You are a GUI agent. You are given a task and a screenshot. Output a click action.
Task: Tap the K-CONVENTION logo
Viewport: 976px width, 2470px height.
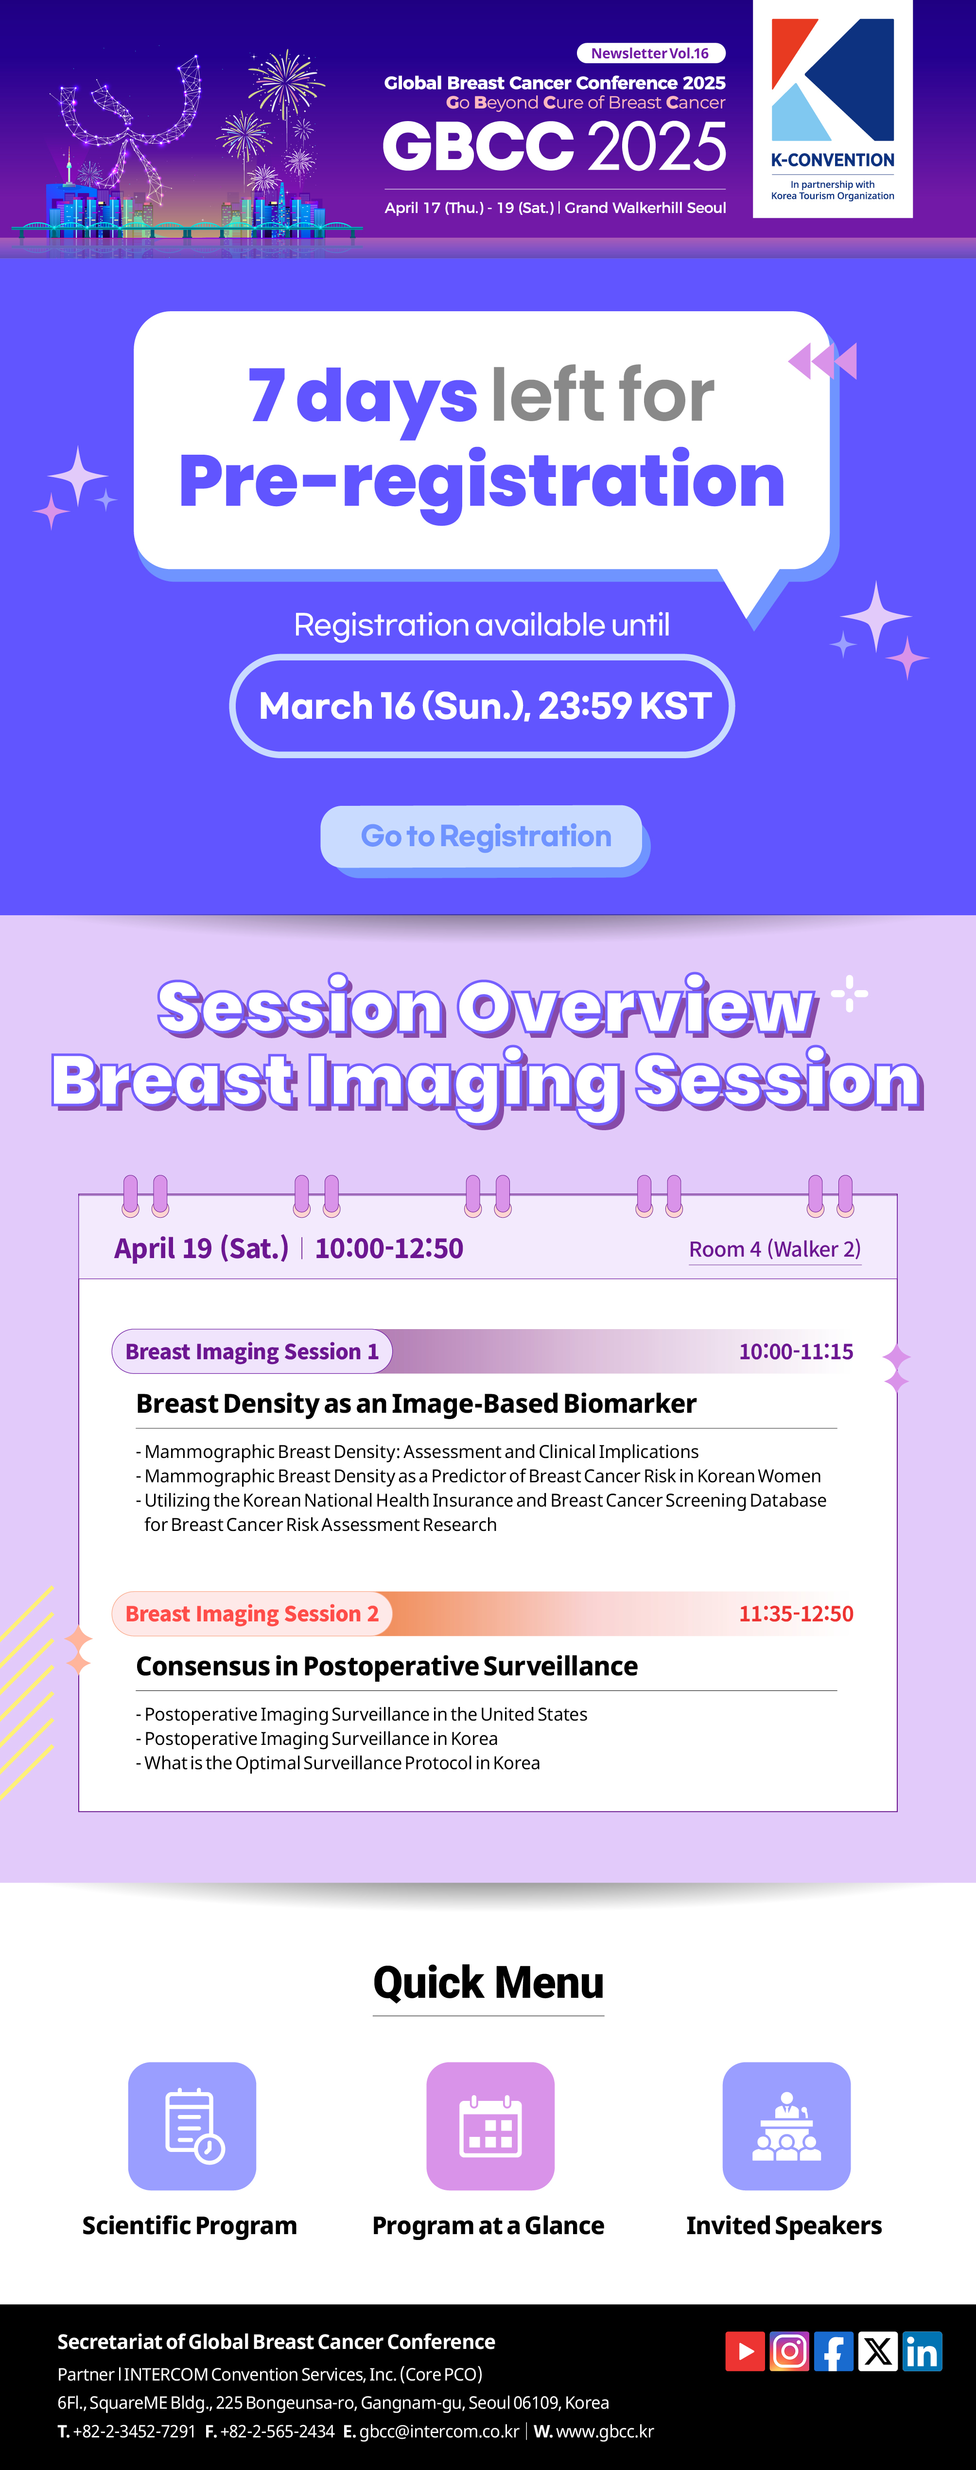click(x=832, y=108)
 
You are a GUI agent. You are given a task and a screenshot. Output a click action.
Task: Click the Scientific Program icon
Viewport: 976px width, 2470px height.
click(x=192, y=2126)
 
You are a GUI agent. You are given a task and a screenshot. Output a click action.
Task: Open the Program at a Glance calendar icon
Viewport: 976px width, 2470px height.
click(x=490, y=2126)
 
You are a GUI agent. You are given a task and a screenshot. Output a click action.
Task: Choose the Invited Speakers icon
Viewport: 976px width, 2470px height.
click(x=786, y=2126)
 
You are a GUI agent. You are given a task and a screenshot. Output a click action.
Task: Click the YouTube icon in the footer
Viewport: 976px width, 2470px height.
click(x=745, y=2351)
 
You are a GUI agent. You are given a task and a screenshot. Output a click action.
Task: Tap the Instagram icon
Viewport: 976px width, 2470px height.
click(x=789, y=2351)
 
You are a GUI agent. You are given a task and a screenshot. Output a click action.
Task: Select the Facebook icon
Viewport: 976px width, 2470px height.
click(x=833, y=2351)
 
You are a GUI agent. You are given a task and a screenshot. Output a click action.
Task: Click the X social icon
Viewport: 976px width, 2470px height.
click(x=877, y=2351)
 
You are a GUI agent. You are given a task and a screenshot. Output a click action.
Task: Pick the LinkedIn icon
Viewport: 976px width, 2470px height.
click(x=923, y=2351)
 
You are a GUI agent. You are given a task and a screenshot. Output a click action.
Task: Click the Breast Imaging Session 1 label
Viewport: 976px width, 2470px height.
click(x=252, y=1351)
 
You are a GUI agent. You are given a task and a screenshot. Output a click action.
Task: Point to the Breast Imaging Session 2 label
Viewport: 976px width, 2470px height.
click(x=252, y=1614)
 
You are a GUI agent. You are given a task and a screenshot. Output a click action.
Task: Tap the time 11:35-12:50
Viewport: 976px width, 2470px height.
click(x=796, y=1614)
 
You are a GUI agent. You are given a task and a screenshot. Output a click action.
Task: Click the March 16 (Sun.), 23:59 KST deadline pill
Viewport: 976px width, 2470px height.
click(x=482, y=706)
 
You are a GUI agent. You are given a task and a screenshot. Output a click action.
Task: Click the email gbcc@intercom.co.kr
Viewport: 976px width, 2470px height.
click(x=439, y=2431)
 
